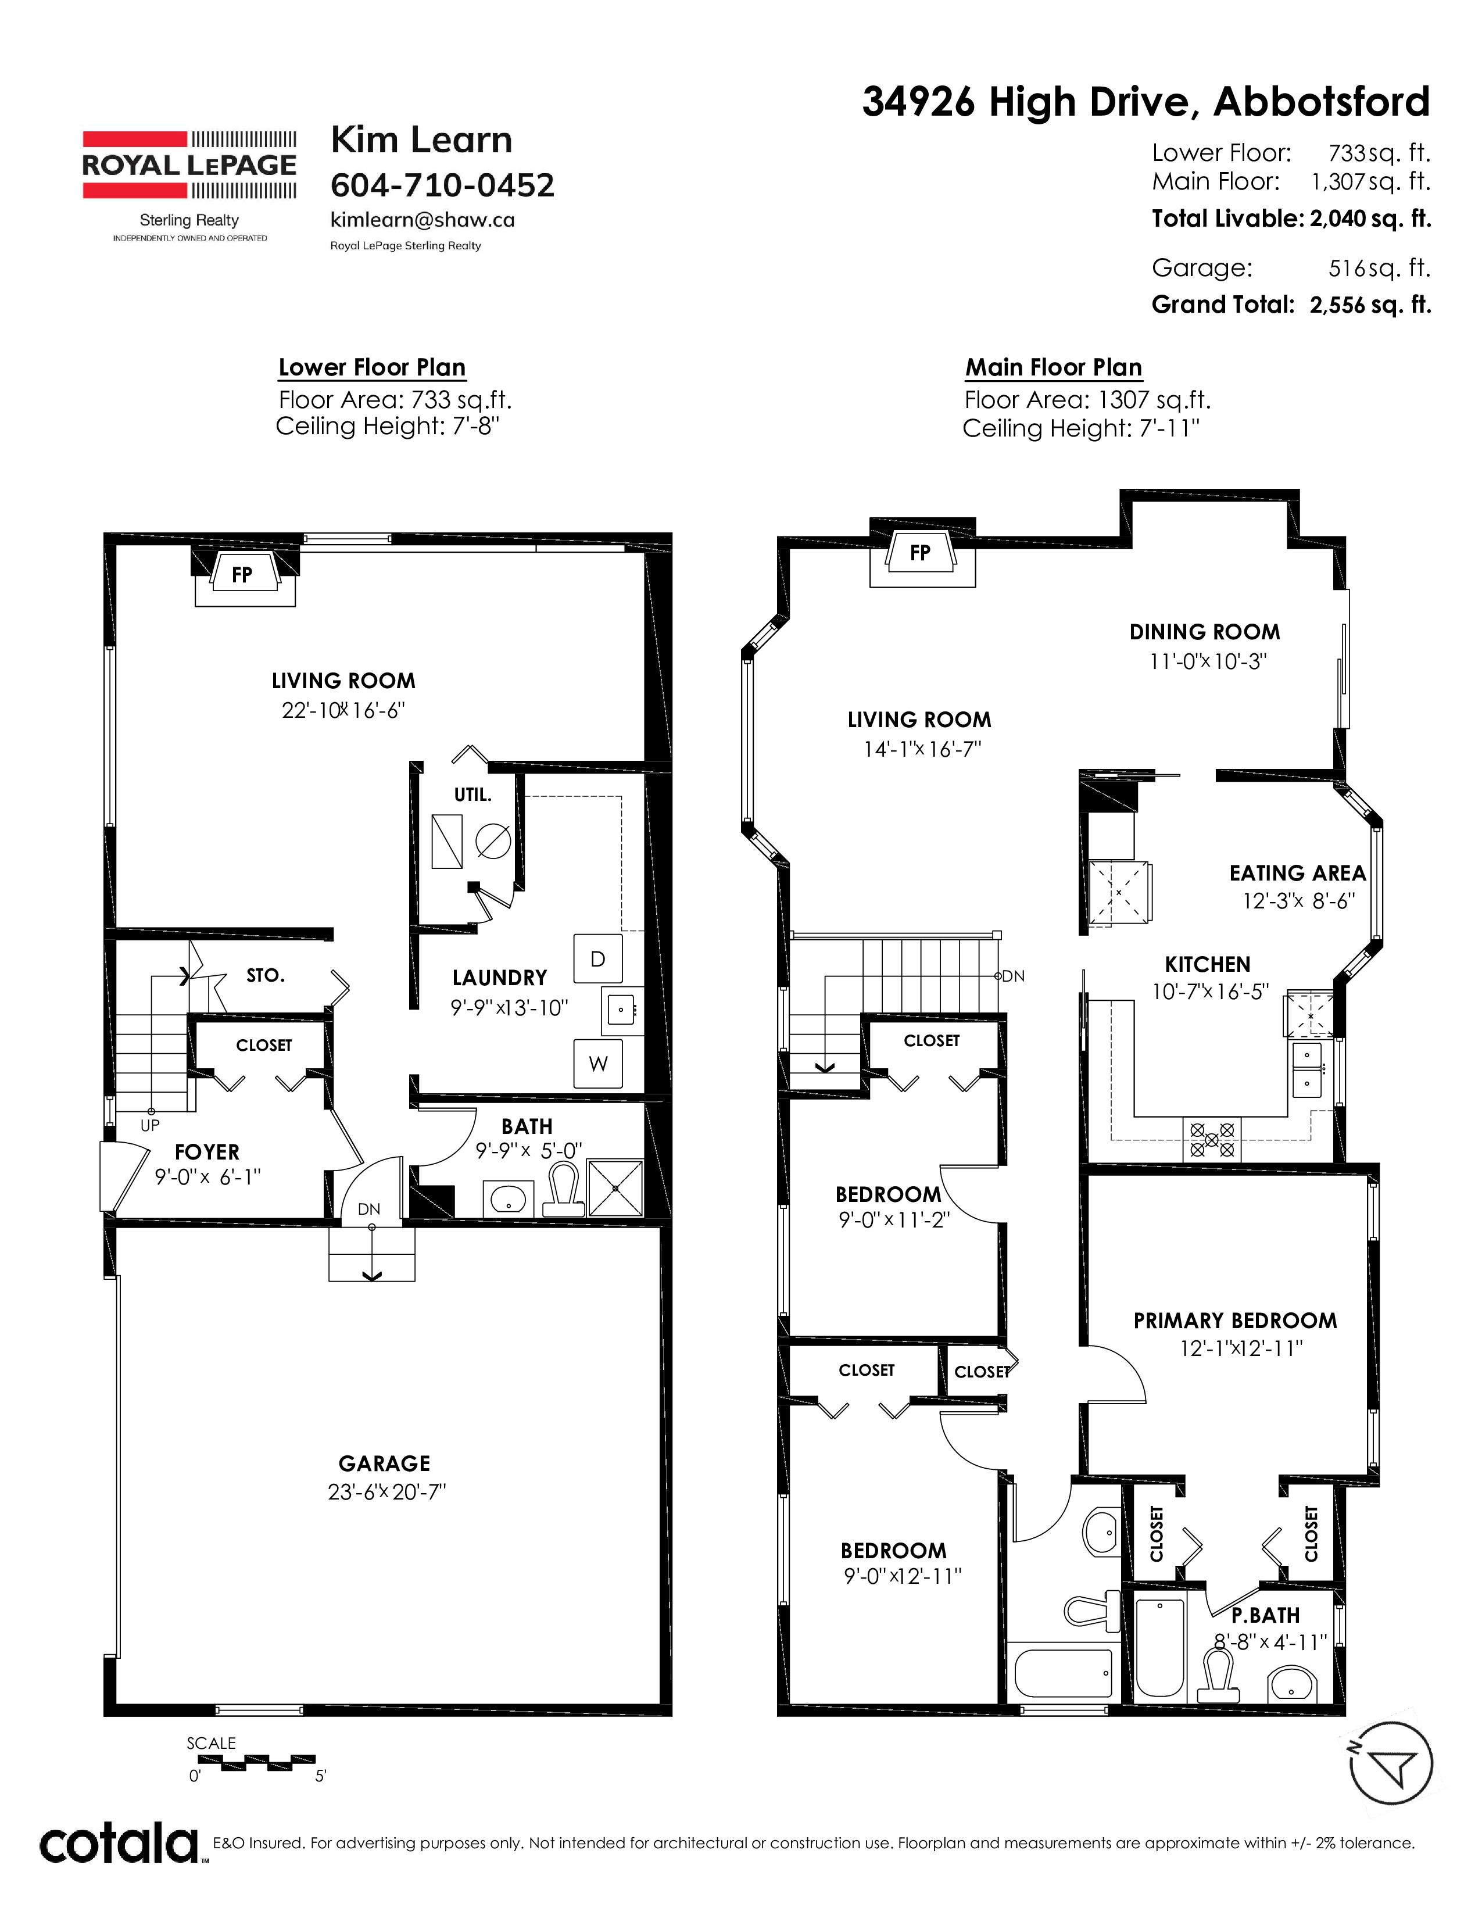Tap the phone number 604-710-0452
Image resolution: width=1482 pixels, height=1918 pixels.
tap(442, 185)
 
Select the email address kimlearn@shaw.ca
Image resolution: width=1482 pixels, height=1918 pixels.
tap(423, 220)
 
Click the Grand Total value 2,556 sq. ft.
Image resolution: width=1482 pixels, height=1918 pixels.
tap(1370, 305)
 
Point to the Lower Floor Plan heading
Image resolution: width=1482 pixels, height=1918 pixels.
tap(373, 367)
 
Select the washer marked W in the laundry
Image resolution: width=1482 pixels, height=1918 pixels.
tap(598, 1064)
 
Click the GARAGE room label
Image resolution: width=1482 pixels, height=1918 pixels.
tap(385, 1464)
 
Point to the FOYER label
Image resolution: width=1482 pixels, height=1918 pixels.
tap(207, 1152)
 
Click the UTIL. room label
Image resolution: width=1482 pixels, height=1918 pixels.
tap(472, 795)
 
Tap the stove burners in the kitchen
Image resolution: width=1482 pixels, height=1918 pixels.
tap(1212, 1140)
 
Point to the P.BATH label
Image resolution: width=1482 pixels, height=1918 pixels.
tap(1265, 1615)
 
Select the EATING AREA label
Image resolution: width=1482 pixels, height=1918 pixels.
tap(1298, 873)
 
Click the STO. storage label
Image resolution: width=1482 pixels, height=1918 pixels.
tap(265, 976)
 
